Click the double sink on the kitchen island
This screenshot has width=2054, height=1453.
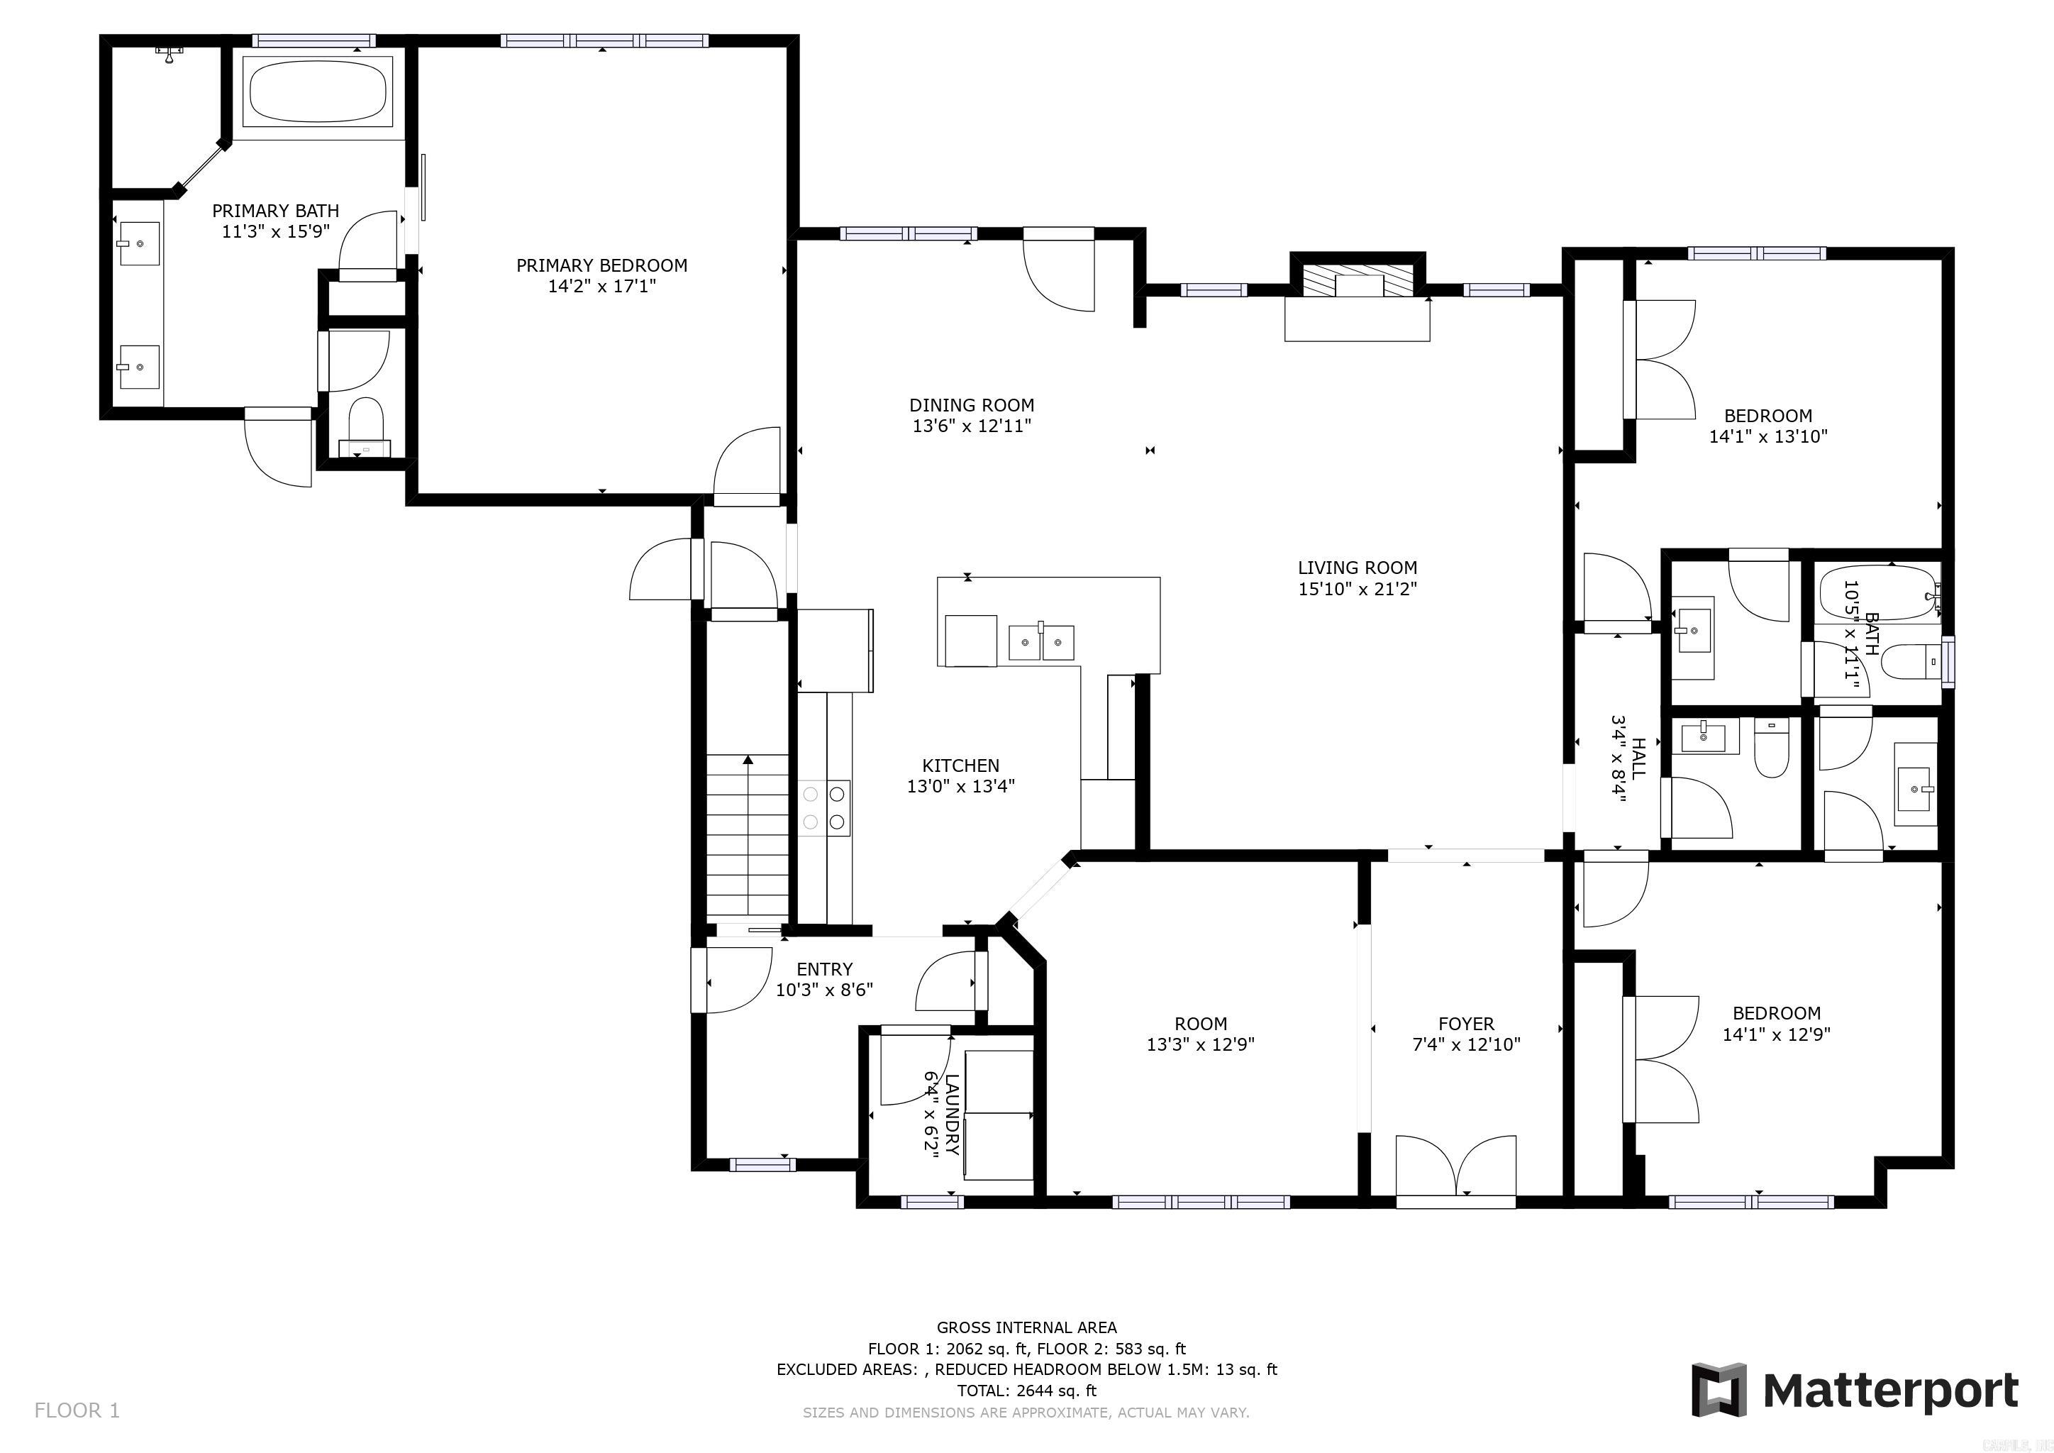click(x=1040, y=642)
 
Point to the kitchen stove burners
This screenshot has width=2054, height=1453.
click(x=824, y=807)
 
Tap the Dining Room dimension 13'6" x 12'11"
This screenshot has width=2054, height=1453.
click(x=972, y=427)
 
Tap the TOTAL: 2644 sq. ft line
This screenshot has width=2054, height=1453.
click(x=1026, y=1391)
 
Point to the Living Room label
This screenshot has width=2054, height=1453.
click(x=1356, y=568)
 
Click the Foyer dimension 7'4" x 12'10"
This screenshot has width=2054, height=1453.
click(x=1465, y=1044)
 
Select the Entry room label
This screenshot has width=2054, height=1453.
click(x=824, y=969)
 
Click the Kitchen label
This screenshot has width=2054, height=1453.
click(x=960, y=765)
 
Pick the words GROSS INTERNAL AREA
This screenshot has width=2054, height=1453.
click(x=1026, y=1327)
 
